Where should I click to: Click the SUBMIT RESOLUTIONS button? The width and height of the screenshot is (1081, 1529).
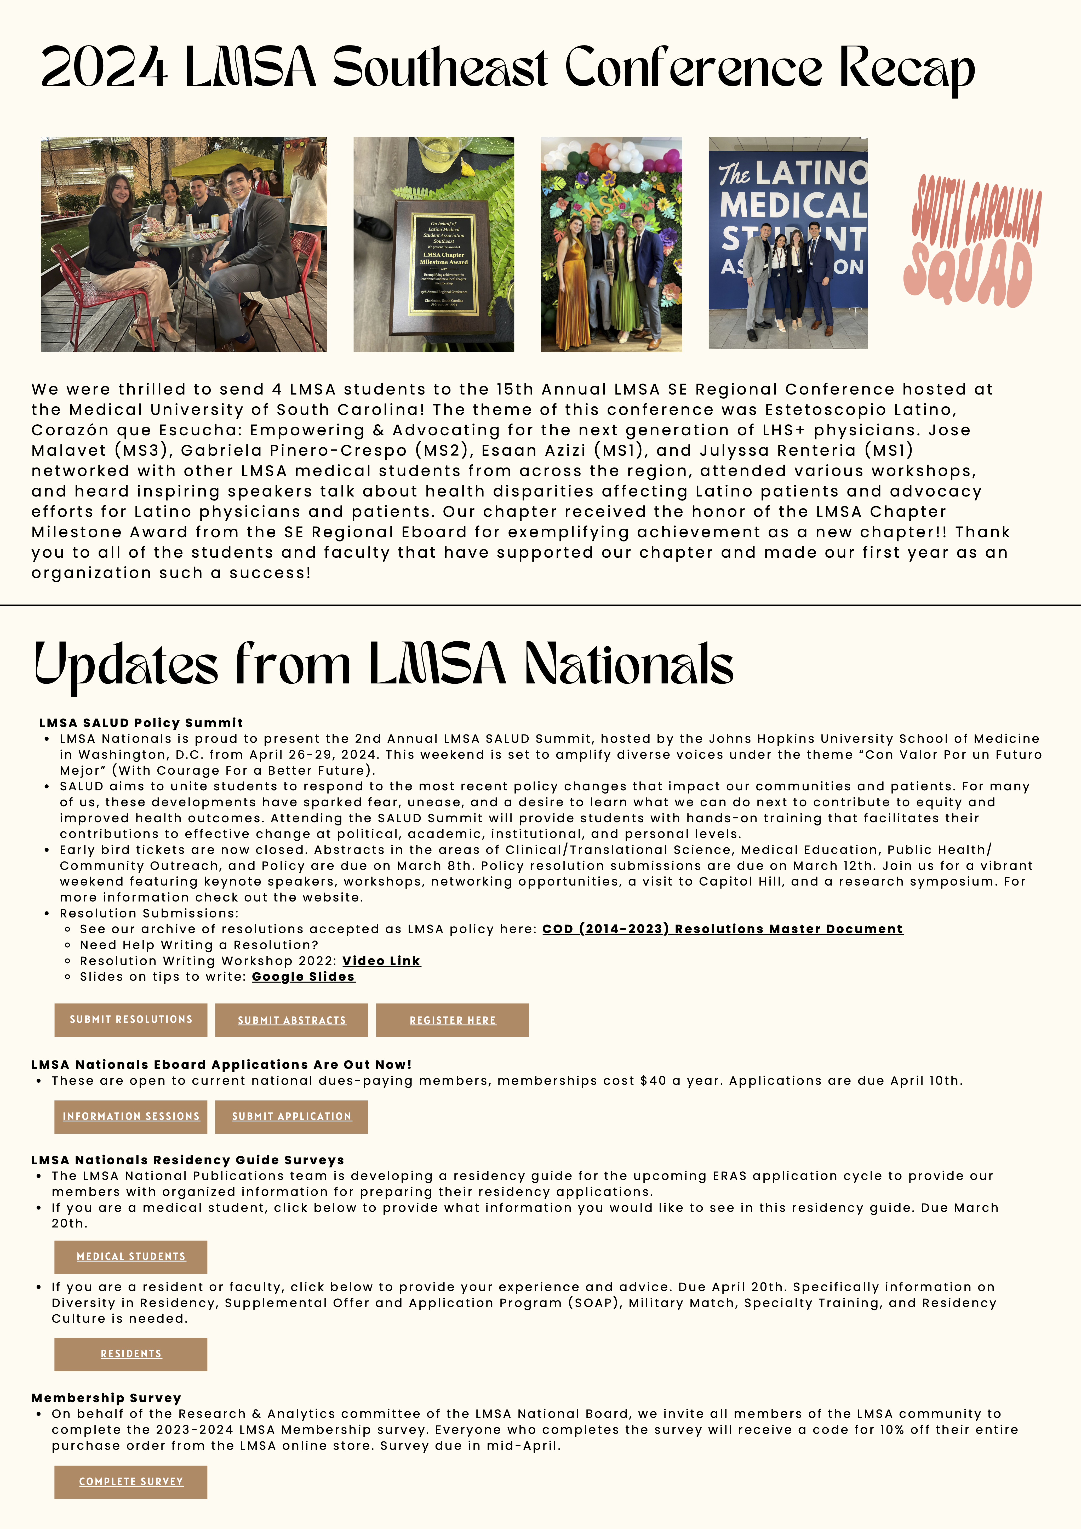(130, 1020)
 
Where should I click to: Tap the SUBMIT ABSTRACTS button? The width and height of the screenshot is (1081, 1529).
(292, 1020)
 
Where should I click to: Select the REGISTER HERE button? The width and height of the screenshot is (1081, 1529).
(452, 1020)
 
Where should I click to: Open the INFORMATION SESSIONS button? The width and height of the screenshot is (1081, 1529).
(130, 1116)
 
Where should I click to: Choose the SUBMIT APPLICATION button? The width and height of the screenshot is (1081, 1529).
(292, 1116)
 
